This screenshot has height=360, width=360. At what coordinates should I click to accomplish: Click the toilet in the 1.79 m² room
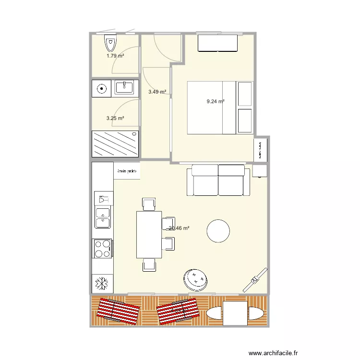[111, 44]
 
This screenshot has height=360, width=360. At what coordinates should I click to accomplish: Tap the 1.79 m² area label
[115, 56]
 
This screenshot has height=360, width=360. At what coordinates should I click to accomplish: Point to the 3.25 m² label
[115, 118]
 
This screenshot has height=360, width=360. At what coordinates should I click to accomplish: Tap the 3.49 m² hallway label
[157, 92]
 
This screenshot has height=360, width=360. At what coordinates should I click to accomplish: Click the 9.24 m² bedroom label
[216, 101]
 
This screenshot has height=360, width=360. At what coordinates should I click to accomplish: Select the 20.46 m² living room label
[179, 228]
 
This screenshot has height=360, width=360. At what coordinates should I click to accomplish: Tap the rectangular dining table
[148, 234]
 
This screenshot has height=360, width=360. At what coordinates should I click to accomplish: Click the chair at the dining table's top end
[148, 205]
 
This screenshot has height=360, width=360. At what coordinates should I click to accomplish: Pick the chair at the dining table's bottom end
[149, 264]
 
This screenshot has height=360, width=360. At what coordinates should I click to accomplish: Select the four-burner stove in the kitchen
[102, 249]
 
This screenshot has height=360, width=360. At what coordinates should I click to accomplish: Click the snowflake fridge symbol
[102, 283]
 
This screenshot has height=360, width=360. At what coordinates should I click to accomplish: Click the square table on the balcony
[235, 312]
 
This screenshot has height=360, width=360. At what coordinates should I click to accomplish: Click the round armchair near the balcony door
[196, 278]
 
